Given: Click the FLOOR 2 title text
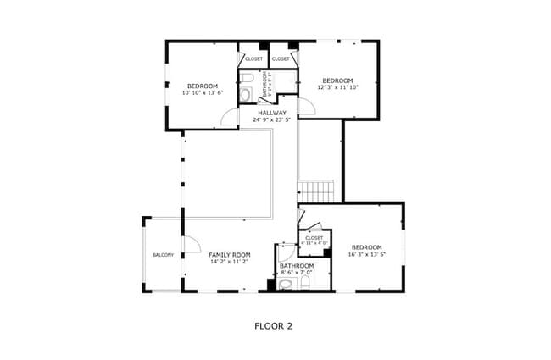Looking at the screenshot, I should (x=273, y=324).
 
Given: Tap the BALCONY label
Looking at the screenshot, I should (x=163, y=255).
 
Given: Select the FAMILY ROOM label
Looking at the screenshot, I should (x=230, y=255).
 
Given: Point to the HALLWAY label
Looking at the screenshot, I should (x=272, y=113).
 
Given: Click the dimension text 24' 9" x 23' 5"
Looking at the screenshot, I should (x=272, y=120).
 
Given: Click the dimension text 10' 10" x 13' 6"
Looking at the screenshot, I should (x=202, y=93).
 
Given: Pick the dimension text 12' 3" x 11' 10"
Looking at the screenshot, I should (x=337, y=86).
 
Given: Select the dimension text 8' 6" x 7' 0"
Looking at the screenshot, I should (x=297, y=273).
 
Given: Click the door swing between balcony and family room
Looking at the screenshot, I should (x=190, y=244).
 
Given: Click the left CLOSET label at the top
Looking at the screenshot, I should (x=253, y=58).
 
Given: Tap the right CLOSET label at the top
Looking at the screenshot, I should (x=281, y=58).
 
